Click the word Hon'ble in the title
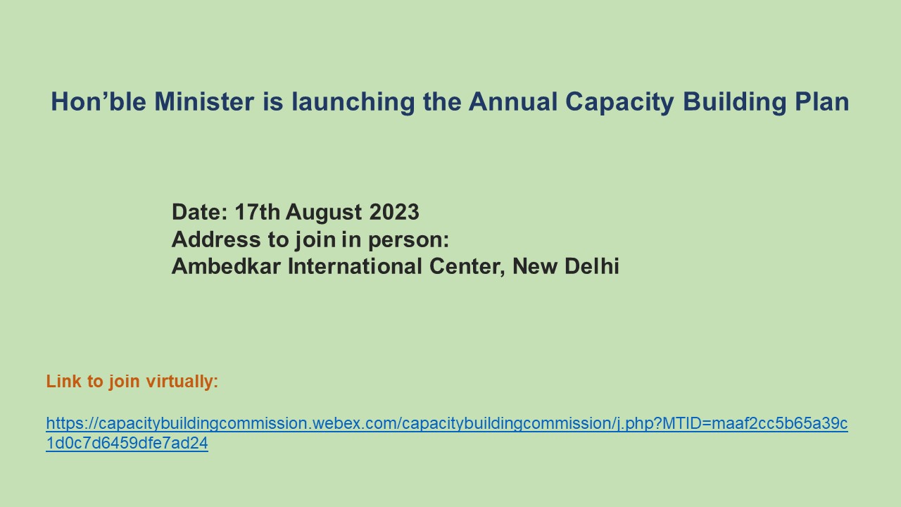click(99, 101)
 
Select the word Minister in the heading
click(204, 101)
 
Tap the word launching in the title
click(353, 103)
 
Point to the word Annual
click(513, 101)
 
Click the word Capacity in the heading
click(620, 103)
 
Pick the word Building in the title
click(734, 103)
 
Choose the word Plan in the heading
click(821, 101)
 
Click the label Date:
click(200, 212)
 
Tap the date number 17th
click(258, 212)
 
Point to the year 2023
click(394, 212)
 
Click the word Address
click(216, 239)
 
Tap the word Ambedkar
click(226, 266)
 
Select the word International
click(355, 266)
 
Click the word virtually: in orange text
click(182, 382)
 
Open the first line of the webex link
click(447, 424)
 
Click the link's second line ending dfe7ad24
click(127, 443)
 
